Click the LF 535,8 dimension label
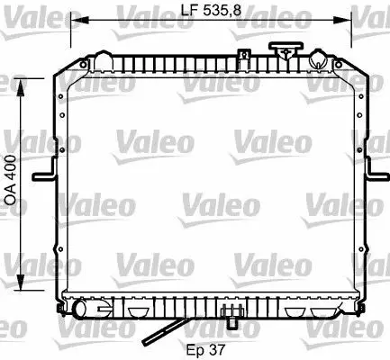(211, 11)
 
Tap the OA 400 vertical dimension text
(11, 180)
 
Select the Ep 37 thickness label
(205, 349)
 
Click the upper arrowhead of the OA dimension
(21, 88)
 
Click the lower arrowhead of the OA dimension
(21, 281)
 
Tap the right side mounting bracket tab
(377, 172)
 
